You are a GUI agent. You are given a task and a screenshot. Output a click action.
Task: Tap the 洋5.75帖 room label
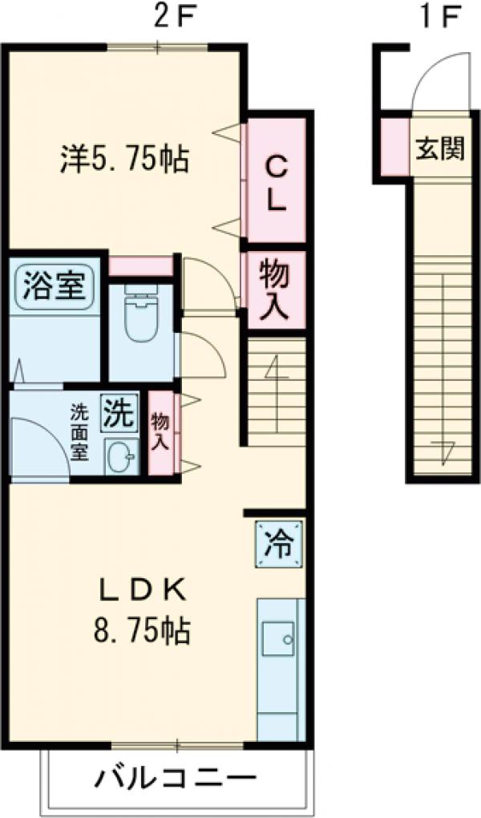tap(124, 159)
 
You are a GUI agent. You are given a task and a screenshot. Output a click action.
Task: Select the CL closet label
tap(275, 183)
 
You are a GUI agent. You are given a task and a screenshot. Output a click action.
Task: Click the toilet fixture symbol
tap(141, 318)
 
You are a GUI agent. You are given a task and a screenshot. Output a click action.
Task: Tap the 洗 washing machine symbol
tap(118, 413)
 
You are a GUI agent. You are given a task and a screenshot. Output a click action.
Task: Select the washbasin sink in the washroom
tap(122, 457)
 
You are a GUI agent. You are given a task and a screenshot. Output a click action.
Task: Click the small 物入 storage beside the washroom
tap(160, 433)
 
